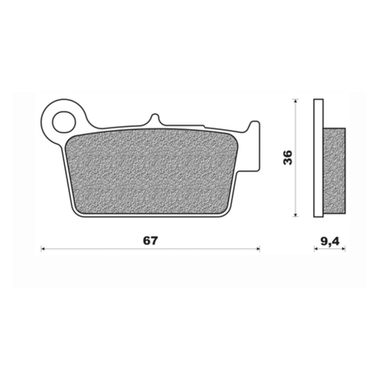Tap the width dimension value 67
(150, 241)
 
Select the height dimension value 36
(288, 157)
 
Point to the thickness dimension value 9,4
(330, 241)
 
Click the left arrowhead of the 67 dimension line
(43, 249)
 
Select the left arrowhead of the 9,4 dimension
(315, 249)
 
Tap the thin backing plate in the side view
(318, 158)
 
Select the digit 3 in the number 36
(288, 161)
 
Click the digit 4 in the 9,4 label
(336, 241)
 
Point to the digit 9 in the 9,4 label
(324, 241)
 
